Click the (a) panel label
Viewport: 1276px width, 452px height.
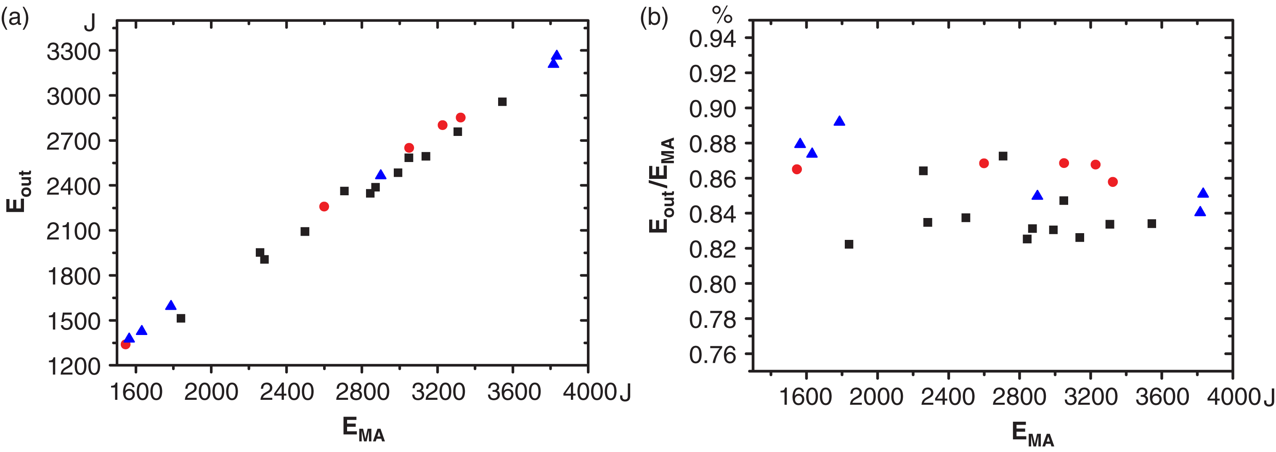15,19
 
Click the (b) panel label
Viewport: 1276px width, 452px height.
654,19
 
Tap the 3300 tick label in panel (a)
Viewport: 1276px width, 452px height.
73,51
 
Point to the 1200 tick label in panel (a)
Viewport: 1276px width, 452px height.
73,367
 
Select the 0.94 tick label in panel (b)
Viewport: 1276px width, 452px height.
712,39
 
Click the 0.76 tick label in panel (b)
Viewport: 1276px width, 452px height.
712,355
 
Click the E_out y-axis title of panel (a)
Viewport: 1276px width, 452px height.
19,191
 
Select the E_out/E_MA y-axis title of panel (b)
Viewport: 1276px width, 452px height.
662,185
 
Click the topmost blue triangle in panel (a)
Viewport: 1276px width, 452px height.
557,55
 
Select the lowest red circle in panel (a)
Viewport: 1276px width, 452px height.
126,344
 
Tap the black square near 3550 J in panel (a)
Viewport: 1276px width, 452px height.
502,101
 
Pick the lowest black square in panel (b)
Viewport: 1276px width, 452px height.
849,245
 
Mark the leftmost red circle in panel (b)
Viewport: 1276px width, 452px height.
797,170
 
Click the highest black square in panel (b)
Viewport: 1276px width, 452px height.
1003,156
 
